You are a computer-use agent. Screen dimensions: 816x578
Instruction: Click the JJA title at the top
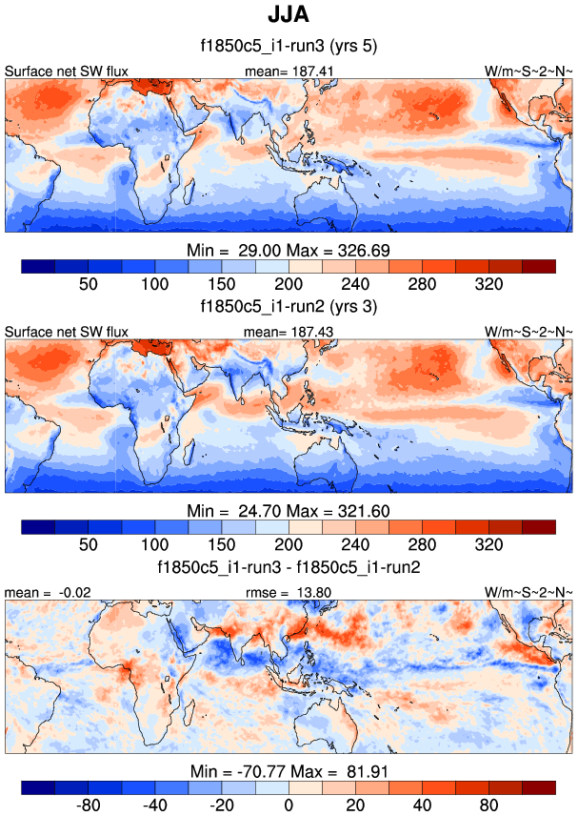point(288,17)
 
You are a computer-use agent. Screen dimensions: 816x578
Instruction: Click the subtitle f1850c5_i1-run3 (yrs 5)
point(289,48)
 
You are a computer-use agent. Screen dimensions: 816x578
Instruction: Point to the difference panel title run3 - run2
point(289,567)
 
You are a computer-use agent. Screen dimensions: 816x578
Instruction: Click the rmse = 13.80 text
point(288,592)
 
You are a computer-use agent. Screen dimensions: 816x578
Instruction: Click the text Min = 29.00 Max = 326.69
point(289,249)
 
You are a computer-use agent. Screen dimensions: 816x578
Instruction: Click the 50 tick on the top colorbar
point(89,284)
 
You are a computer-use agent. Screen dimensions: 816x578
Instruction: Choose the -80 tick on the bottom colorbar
point(89,806)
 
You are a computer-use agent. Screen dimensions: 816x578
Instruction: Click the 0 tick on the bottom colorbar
point(289,806)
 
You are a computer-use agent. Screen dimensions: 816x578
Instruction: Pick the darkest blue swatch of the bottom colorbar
point(38,787)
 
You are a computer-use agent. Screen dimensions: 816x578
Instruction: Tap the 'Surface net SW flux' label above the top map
point(67,71)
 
